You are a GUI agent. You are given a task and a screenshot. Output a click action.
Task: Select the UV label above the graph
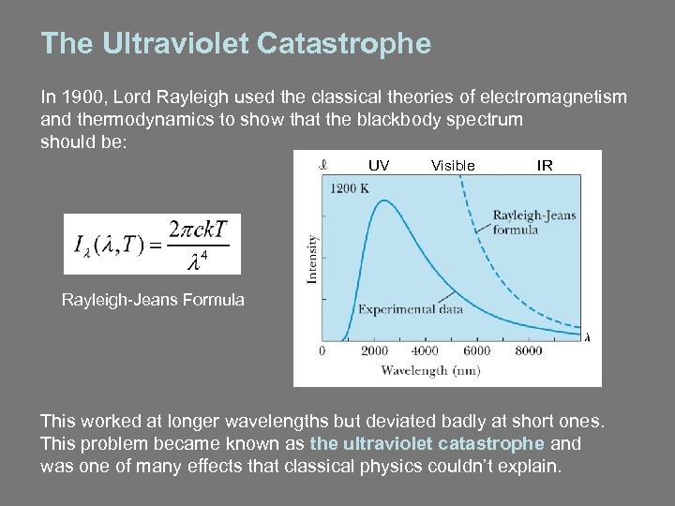[x=379, y=166]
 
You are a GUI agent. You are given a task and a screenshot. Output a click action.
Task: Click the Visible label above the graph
[x=453, y=166]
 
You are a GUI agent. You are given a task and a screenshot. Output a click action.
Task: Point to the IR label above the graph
[x=545, y=166]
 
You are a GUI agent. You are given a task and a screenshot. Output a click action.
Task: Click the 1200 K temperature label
[x=350, y=187]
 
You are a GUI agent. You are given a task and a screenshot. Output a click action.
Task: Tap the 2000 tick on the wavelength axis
[x=374, y=351]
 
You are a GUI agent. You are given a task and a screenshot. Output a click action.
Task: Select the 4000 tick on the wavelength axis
[x=425, y=351]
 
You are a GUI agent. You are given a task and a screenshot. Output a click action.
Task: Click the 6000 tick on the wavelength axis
[x=476, y=351]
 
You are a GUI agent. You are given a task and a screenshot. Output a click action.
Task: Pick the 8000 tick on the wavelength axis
[x=528, y=351]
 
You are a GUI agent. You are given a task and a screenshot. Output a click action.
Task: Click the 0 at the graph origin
[x=322, y=351]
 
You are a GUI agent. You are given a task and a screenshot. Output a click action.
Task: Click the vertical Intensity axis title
[x=313, y=259]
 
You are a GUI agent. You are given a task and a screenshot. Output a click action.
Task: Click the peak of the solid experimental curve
[x=380, y=201]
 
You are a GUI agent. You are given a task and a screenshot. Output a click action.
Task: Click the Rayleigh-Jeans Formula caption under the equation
[x=153, y=301]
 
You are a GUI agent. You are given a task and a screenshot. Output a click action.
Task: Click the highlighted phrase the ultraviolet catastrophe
[x=427, y=443]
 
